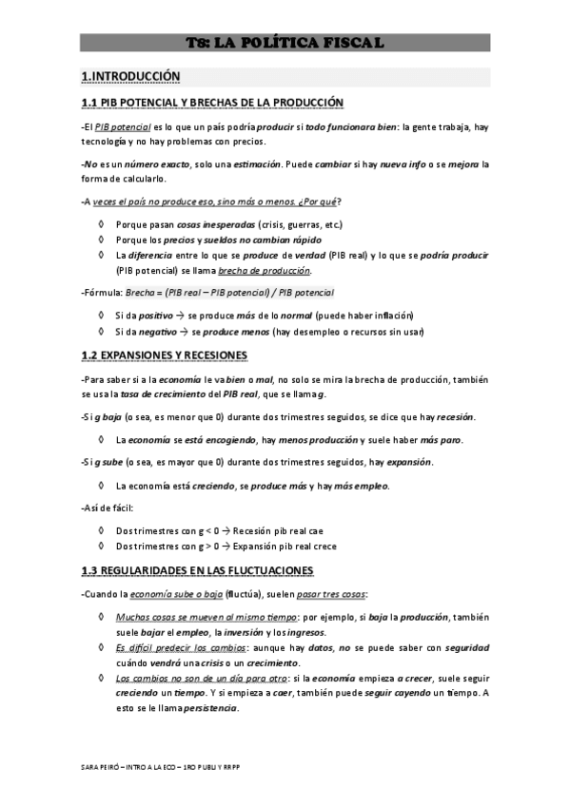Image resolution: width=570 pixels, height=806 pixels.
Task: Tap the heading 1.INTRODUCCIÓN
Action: (x=130, y=75)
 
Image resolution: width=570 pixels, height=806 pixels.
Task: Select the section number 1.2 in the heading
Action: (x=90, y=355)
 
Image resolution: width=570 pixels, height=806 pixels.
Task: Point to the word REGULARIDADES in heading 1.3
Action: (x=152, y=570)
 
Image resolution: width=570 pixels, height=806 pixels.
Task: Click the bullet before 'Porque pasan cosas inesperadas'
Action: (x=102, y=224)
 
